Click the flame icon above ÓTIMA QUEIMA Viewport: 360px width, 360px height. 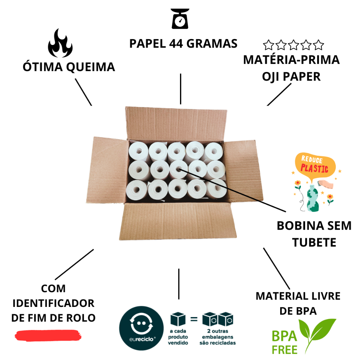(60, 43)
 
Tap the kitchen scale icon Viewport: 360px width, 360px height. (180, 19)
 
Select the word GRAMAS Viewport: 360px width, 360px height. (212, 44)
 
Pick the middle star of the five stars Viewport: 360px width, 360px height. (294, 45)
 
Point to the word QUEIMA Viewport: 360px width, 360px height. (90, 67)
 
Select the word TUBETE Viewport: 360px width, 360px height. (314, 243)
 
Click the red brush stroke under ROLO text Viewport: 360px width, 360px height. (48, 336)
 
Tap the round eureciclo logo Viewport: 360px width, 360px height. (141, 328)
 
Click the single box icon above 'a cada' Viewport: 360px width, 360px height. (178, 319)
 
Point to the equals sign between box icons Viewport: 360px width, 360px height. (194, 319)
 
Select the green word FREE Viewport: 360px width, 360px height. (284, 350)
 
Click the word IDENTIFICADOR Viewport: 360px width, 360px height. (53, 303)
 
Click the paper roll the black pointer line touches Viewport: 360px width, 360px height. (179, 169)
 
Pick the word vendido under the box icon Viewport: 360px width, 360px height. (178, 343)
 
